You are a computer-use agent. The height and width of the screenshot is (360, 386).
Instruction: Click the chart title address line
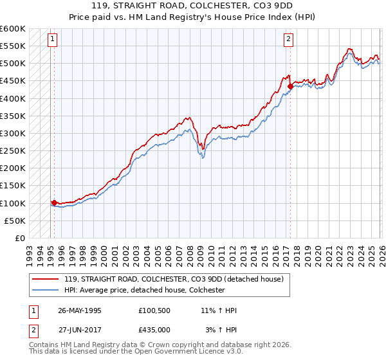click(192, 6)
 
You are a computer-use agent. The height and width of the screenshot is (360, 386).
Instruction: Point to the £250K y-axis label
click(13, 151)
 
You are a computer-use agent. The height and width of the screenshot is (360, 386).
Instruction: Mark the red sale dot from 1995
click(54, 203)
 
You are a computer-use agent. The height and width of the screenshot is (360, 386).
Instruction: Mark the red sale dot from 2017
click(290, 86)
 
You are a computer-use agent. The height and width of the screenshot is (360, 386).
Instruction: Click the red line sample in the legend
click(45, 279)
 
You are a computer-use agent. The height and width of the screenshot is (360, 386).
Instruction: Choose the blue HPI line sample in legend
click(45, 290)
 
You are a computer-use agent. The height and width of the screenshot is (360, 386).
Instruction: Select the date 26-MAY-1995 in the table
click(80, 310)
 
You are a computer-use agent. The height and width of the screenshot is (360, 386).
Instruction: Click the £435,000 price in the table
click(154, 330)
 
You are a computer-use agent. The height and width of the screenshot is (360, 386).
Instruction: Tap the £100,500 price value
click(154, 310)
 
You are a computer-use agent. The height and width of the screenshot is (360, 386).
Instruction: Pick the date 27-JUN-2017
click(80, 330)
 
